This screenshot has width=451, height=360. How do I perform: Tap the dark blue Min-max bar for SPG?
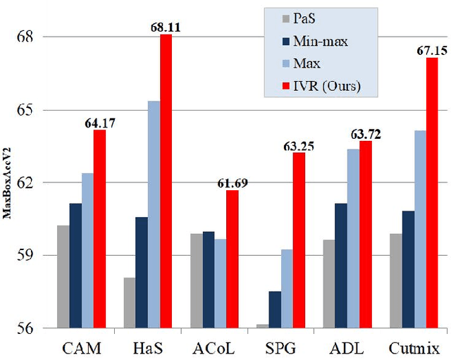coord(275,310)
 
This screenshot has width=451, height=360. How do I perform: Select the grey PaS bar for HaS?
coord(130,303)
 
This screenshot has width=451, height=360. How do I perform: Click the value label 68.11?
coord(166,27)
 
